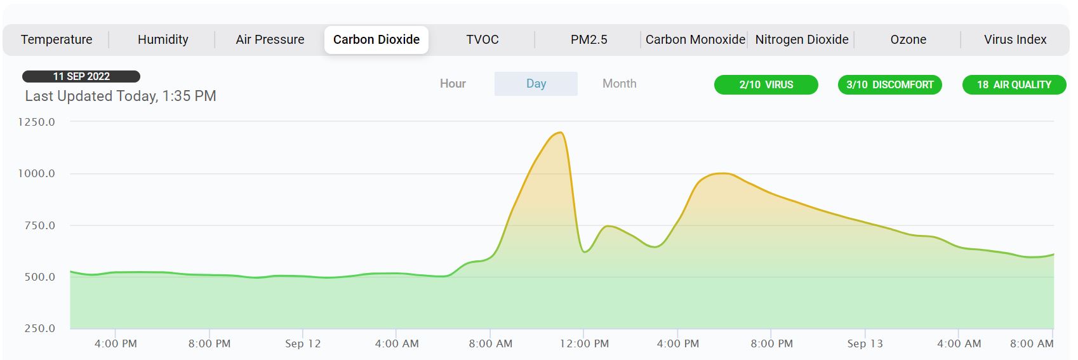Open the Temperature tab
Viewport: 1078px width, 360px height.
point(57,39)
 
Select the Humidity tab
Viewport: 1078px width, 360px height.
point(163,39)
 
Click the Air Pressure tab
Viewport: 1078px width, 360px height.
point(270,39)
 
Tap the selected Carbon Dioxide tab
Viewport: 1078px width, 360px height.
point(376,39)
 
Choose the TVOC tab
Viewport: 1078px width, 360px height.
point(482,39)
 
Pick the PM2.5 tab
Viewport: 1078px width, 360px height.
point(589,39)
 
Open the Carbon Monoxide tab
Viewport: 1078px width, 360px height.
point(695,39)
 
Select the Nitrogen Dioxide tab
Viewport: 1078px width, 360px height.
point(802,39)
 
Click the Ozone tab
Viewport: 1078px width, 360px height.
point(908,39)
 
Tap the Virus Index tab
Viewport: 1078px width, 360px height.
point(1015,39)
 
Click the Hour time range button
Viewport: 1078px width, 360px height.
point(453,84)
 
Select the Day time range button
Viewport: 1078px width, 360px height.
point(536,84)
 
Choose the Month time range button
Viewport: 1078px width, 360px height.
point(619,84)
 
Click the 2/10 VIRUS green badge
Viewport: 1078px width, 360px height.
point(766,84)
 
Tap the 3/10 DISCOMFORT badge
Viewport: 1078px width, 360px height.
point(889,84)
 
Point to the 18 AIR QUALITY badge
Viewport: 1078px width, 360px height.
point(1014,84)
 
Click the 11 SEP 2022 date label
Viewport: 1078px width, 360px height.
point(81,76)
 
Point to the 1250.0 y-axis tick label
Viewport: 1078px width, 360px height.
point(36,122)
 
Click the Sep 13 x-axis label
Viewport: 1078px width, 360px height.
point(865,343)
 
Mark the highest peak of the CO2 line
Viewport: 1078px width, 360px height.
point(560,132)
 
